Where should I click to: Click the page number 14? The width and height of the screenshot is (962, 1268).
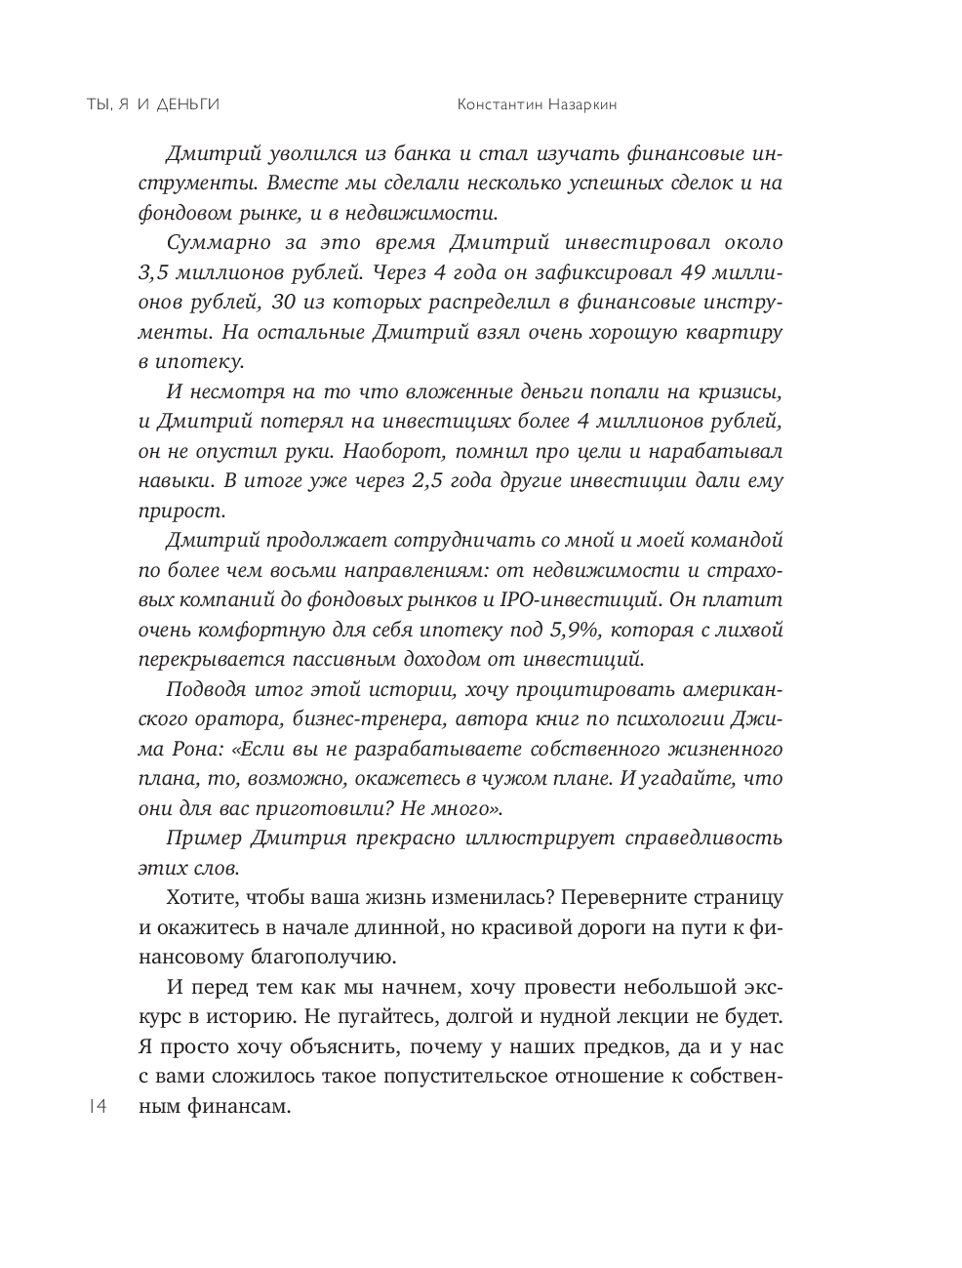(97, 1106)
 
